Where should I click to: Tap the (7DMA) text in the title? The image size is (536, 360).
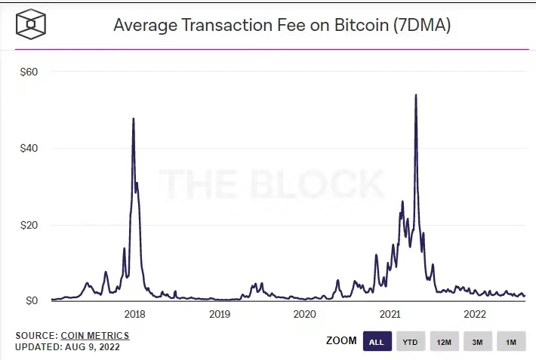pyautogui.click(x=424, y=26)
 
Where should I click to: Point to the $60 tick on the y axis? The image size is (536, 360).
pyautogui.click(x=28, y=72)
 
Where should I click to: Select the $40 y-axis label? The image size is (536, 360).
pyautogui.click(x=28, y=148)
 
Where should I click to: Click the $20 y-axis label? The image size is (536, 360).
pyautogui.click(x=28, y=225)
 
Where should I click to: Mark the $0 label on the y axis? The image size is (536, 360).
pyautogui.click(x=30, y=301)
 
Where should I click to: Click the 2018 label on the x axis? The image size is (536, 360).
pyautogui.click(x=134, y=314)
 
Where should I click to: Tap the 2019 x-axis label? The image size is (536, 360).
pyautogui.click(x=219, y=314)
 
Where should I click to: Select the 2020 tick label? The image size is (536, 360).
pyautogui.click(x=304, y=314)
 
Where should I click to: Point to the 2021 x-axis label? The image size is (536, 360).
pyautogui.click(x=390, y=314)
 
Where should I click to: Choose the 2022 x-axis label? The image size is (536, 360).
pyautogui.click(x=474, y=314)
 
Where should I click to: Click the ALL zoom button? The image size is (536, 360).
pyautogui.click(x=377, y=342)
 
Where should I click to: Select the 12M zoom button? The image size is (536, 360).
pyautogui.click(x=444, y=342)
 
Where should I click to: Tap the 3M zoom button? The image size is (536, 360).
pyautogui.click(x=477, y=342)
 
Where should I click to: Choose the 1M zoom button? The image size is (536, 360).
pyautogui.click(x=511, y=342)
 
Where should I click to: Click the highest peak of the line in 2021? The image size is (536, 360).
pyautogui.click(x=416, y=95)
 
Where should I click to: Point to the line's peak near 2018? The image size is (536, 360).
pyautogui.click(x=134, y=118)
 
